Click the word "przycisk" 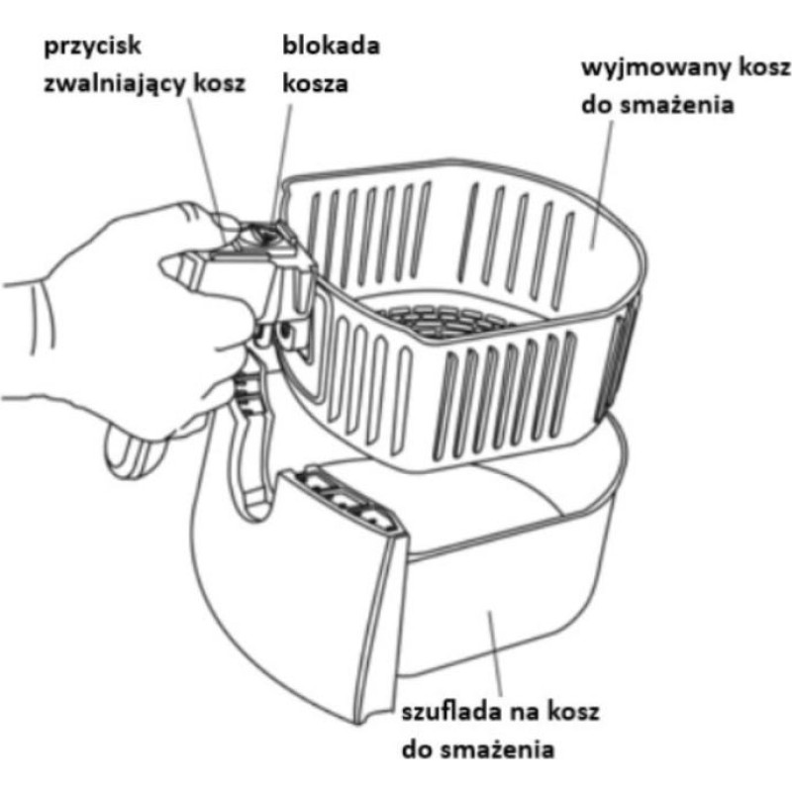[x=92, y=48]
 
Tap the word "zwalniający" [x=115, y=84]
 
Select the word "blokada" [x=331, y=46]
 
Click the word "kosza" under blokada [x=315, y=83]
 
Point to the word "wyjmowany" [x=655, y=68]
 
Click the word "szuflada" [x=451, y=712]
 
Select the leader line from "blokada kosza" [x=282, y=162]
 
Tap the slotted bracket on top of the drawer [x=344, y=500]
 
